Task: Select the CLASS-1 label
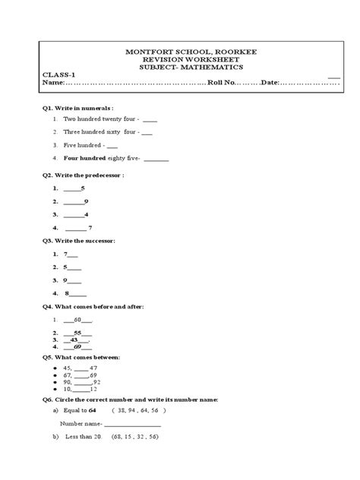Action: pyautogui.click(x=58, y=74)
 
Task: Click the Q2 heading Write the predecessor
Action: pyautogui.click(x=87, y=175)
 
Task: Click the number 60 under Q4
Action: pyautogui.click(x=77, y=321)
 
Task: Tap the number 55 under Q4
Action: pyautogui.click(x=78, y=333)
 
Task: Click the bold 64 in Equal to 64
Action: pyautogui.click(x=92, y=410)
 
